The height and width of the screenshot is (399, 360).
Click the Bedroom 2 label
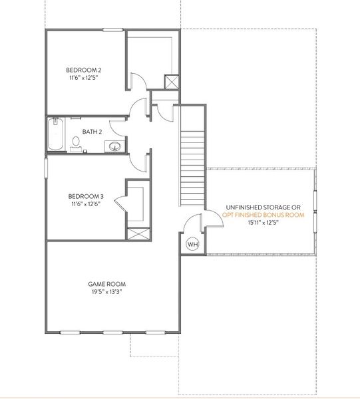pyautogui.click(x=83, y=70)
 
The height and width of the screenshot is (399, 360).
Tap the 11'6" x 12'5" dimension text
pyautogui.click(x=83, y=78)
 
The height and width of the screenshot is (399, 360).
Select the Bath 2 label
pyautogui.click(x=92, y=132)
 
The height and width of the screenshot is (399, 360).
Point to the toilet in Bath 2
pyautogui.click(x=76, y=142)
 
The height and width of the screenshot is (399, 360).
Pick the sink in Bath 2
pyautogui.click(x=115, y=146)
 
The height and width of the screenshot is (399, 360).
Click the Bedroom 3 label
pyautogui.click(x=86, y=196)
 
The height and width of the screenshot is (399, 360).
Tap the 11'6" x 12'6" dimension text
pyautogui.click(x=86, y=205)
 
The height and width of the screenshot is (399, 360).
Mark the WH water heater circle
pyautogui.click(x=192, y=245)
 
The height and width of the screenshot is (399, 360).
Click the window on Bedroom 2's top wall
pyautogui.click(x=112, y=29)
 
